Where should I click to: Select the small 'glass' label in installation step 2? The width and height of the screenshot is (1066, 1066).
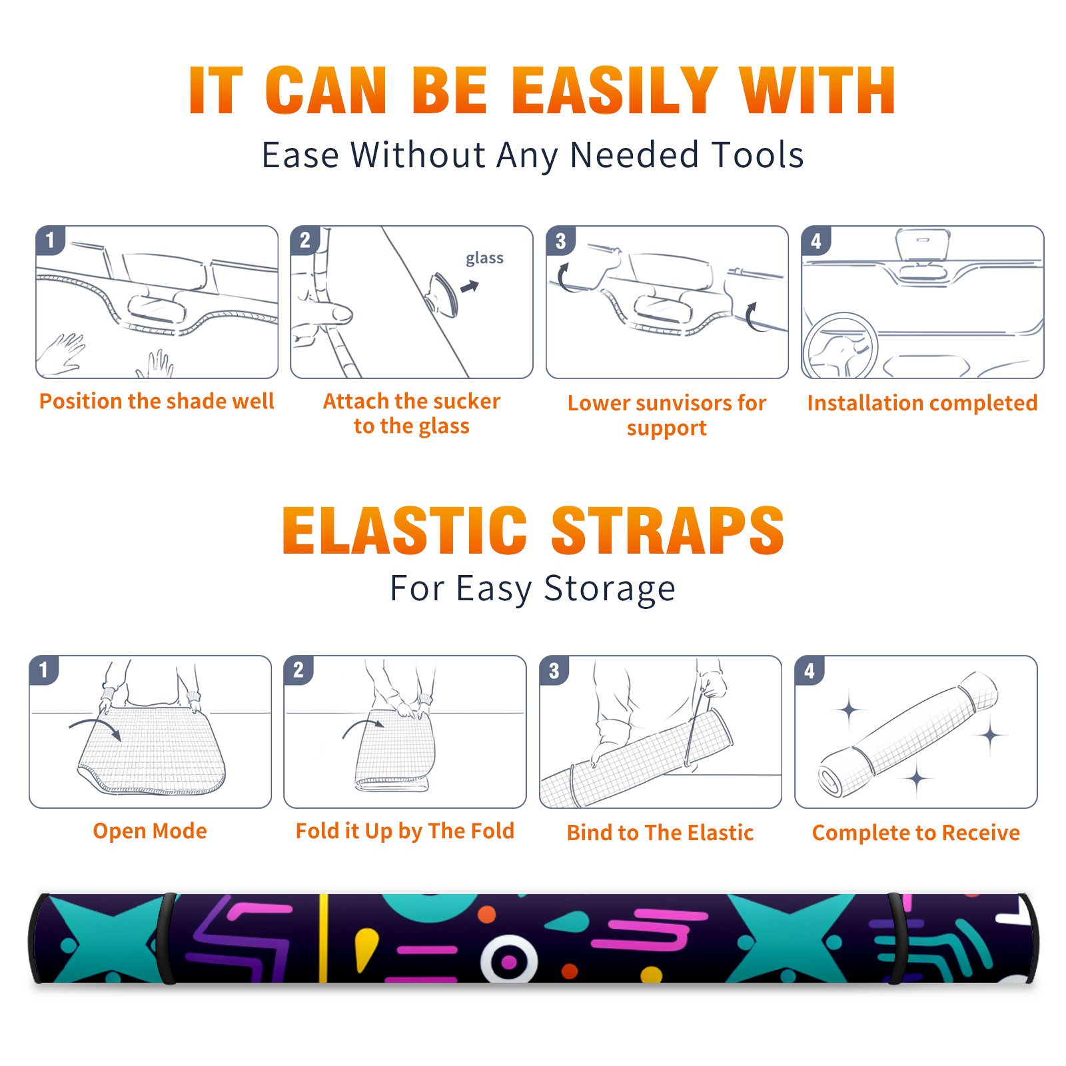(484, 259)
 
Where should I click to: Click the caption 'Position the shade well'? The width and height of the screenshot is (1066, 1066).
(157, 401)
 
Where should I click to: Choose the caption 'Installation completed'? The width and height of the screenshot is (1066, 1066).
(922, 403)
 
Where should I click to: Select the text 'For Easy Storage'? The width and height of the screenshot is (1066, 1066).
(532, 589)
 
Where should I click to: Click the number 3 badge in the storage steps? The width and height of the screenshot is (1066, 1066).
(554, 670)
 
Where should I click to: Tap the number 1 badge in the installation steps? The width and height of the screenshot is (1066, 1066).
(51, 240)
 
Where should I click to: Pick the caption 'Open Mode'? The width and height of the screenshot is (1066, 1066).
(150, 831)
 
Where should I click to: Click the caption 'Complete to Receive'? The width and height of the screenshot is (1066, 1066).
(916, 833)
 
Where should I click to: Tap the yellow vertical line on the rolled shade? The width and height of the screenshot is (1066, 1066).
(323, 938)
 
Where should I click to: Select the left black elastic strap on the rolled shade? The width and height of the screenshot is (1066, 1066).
(167, 938)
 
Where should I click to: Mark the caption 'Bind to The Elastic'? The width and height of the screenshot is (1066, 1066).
(660, 833)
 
